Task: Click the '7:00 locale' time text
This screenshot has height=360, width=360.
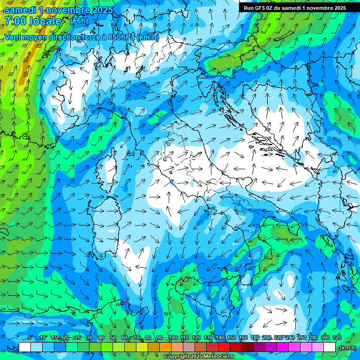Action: coord(33,21)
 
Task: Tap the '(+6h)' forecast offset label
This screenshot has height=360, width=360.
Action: coord(79,21)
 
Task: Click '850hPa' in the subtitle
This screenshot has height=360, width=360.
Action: coord(122,37)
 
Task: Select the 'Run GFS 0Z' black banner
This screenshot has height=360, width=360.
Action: coord(294,7)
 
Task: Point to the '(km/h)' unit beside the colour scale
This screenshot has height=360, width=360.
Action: coord(347,348)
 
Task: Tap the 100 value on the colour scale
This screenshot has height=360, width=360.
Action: coord(173,338)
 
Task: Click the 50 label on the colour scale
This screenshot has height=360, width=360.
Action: coord(113,338)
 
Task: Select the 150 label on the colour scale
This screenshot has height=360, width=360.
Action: coord(232,338)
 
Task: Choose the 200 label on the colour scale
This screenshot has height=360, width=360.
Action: coord(267,338)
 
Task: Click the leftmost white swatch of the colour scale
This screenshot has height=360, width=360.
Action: coord(25,347)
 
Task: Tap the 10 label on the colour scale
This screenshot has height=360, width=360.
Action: coord(43,338)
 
